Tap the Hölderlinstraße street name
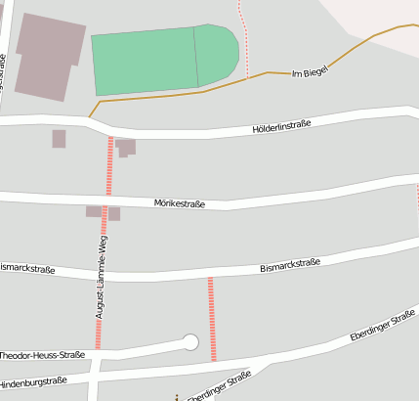tap(281, 125)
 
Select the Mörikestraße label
tap(180, 203)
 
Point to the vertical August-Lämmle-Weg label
tap(101, 277)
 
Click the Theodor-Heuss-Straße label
tap(43, 355)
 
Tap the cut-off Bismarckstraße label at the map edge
tap(26, 268)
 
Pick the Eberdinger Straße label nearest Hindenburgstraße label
tap(219, 387)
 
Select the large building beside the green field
tap(48, 56)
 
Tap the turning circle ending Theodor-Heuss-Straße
tap(190, 342)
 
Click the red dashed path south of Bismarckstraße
tap(211, 318)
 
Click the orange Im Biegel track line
tap(195, 92)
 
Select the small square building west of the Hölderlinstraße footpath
tap(59, 139)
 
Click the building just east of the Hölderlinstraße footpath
tap(125, 148)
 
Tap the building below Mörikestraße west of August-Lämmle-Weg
tap(94, 211)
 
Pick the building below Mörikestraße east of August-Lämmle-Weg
tap(114, 213)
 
